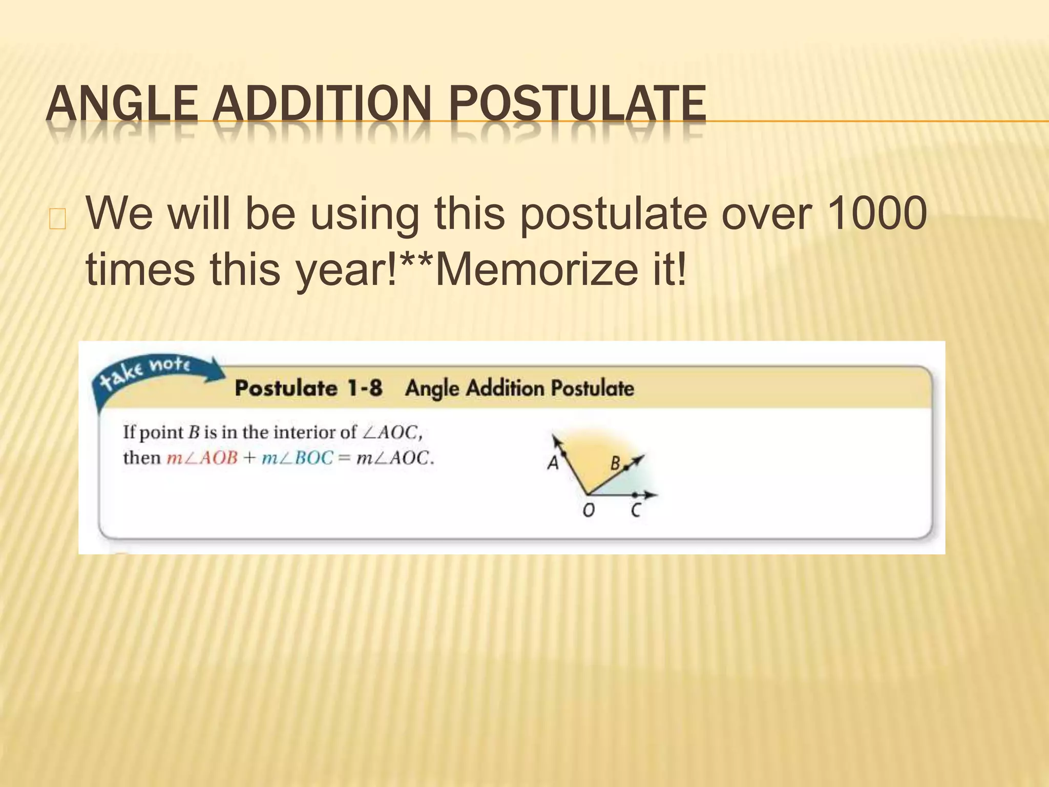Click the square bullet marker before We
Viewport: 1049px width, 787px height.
click(x=57, y=219)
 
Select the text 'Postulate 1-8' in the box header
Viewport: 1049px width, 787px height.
click(x=308, y=388)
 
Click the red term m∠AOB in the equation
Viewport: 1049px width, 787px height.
click(x=202, y=458)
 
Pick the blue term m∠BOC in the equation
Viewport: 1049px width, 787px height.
click(x=298, y=458)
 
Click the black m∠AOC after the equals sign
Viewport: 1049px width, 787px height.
click(x=394, y=458)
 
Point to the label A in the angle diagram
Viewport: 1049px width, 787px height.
click(x=553, y=463)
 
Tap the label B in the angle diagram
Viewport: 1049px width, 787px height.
click(x=615, y=464)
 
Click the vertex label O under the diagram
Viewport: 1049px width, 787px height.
click(x=589, y=510)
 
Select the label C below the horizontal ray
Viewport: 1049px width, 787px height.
click(x=636, y=510)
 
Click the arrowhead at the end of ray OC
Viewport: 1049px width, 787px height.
click(x=652, y=495)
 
